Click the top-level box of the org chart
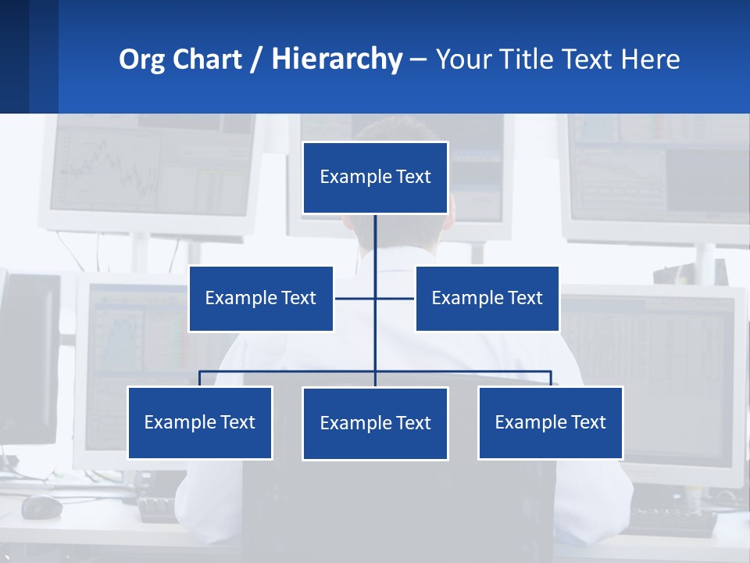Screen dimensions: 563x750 click(375, 178)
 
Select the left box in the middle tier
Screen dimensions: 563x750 click(261, 299)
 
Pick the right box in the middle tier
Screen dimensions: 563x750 click(487, 299)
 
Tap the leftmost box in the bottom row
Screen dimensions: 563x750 click(200, 423)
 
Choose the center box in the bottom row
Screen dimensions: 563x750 click(375, 424)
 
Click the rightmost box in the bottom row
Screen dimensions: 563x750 click(550, 423)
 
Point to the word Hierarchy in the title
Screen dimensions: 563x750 click(337, 59)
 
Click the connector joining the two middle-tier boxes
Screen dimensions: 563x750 click(355, 299)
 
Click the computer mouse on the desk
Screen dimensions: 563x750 click(41, 507)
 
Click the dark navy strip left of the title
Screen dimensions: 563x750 click(28, 56)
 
